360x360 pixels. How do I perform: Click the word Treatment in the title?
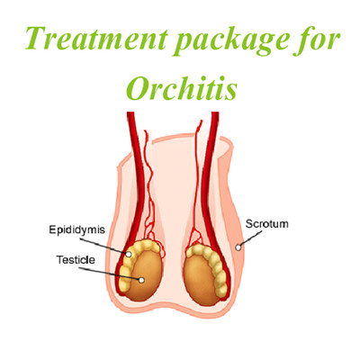coord(96,39)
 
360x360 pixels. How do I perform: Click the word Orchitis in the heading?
coord(182,86)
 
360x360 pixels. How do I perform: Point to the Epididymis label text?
coord(77,230)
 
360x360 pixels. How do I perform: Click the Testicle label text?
coord(76,260)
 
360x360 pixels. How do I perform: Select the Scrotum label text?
coord(267,224)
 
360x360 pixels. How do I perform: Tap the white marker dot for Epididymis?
coord(129,255)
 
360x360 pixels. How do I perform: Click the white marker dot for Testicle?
coord(141,280)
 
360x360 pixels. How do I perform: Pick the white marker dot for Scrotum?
coord(238,247)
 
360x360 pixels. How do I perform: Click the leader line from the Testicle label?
coord(110,274)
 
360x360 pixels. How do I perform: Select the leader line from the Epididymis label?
coord(103,247)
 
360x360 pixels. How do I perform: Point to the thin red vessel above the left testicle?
coord(150,192)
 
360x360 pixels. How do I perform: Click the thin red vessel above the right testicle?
coord(196,180)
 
